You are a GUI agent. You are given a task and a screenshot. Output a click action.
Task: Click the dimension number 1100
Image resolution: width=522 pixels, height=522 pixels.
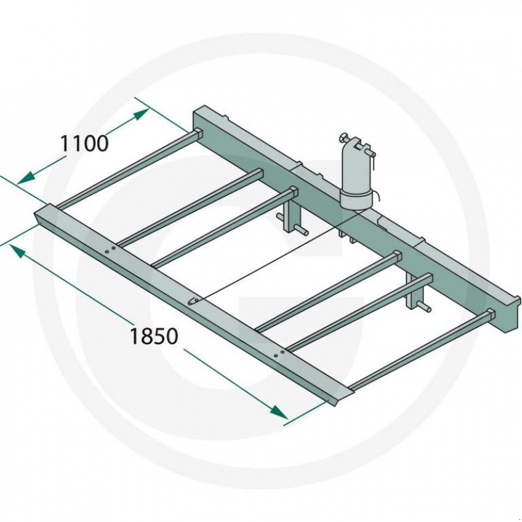coord(84,144)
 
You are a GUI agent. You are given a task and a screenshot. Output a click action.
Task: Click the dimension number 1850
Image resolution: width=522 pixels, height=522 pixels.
coord(154,336)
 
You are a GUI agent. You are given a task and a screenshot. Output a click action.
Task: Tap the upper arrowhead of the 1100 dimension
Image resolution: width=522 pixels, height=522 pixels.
coord(140,115)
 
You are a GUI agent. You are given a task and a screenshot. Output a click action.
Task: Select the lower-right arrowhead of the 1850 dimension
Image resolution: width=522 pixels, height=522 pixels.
coord(279,412)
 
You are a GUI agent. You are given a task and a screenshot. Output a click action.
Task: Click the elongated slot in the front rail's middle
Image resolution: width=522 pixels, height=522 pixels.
coord(192,301)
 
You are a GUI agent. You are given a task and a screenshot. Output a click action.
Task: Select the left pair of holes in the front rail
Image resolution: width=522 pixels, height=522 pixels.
coord(110,250)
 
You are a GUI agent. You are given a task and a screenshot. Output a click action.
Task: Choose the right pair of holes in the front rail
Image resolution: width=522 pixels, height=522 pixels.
coord(279,354)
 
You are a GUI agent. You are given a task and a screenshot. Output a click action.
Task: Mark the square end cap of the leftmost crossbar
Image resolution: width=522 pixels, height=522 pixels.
coord(198,133)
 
